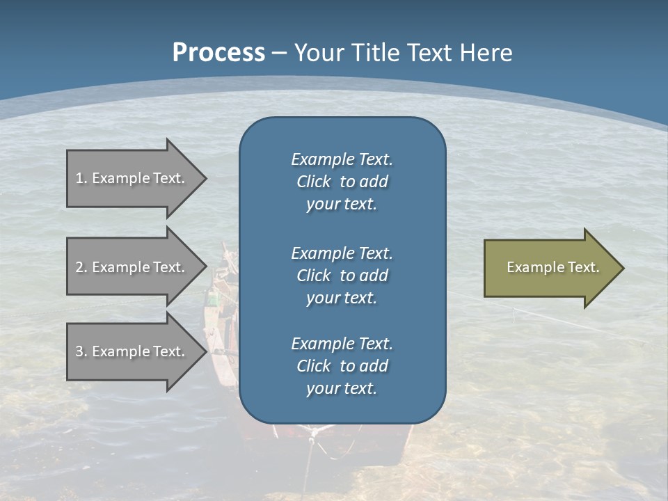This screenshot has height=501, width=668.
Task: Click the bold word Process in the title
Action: [218, 52]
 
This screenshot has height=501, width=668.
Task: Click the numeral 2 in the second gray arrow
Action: [79, 267]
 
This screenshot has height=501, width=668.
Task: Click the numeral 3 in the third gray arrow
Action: [79, 351]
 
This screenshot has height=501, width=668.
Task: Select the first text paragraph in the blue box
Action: [342, 182]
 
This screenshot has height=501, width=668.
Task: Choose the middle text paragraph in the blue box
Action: [342, 276]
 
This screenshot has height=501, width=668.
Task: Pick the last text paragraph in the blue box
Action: [342, 366]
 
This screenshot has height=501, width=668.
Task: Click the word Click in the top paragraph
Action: [313, 182]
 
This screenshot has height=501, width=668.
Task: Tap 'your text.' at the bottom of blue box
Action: [342, 388]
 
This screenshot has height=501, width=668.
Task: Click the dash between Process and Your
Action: [279, 52]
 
